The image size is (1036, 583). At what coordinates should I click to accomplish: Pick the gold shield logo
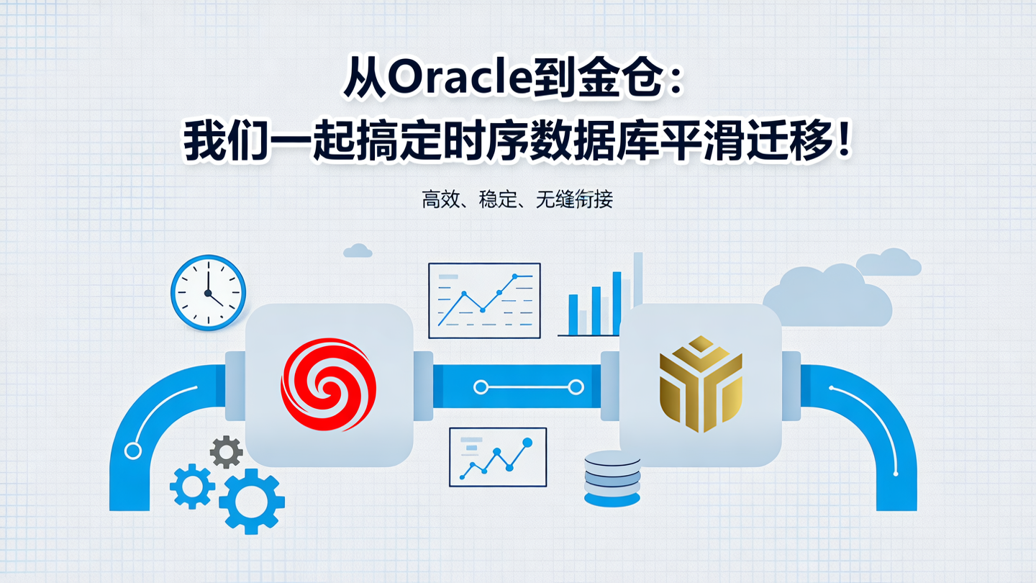pyautogui.click(x=700, y=385)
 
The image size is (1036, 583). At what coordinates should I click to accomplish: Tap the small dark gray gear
pyautogui.click(x=226, y=452)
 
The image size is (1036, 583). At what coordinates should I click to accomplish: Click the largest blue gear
pyautogui.click(x=251, y=502)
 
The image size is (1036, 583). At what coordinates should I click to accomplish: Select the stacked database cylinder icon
pyautogui.click(x=612, y=477)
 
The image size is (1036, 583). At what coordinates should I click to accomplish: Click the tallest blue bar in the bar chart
pyautogui.click(x=617, y=303)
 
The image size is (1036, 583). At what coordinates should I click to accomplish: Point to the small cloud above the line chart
pyautogui.click(x=358, y=250)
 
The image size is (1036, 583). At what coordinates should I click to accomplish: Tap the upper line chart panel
pyautogui.click(x=483, y=300)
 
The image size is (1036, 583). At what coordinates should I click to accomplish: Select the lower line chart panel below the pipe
pyautogui.click(x=497, y=457)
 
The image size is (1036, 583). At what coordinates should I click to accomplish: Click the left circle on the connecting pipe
pyautogui.click(x=481, y=387)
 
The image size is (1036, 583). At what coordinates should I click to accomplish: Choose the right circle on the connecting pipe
pyautogui.click(x=576, y=387)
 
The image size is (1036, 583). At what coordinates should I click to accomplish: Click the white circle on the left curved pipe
pyautogui.click(x=132, y=451)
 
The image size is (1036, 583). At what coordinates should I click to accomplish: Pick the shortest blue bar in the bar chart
pyautogui.click(x=573, y=315)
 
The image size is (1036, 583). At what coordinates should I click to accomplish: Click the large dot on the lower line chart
pyautogui.click(x=527, y=442)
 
